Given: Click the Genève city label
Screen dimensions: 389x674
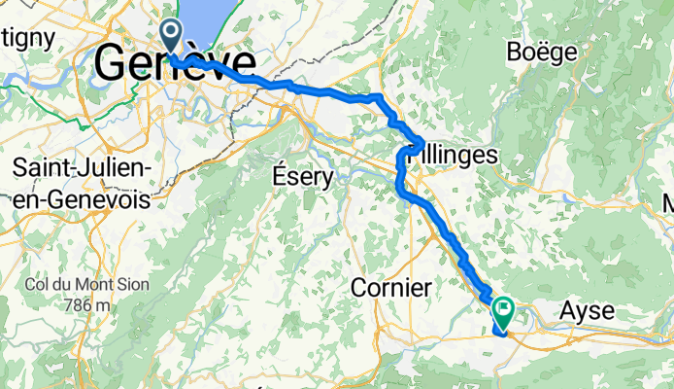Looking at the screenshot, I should click(175, 66).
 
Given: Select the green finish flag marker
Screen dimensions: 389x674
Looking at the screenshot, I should click(504, 313).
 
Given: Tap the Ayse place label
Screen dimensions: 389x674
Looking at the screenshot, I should click(588, 311).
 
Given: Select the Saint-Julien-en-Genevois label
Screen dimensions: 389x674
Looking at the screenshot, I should click(83, 184).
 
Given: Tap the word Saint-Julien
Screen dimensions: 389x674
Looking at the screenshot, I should click(83, 169).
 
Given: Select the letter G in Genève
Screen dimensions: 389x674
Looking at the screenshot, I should click(115, 66).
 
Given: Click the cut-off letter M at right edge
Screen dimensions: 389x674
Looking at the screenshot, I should click(668, 204).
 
